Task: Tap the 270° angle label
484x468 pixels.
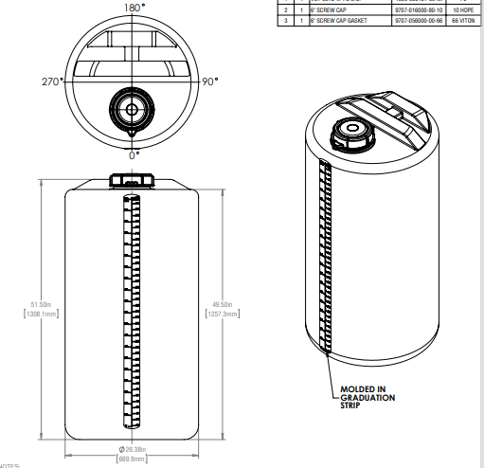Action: click(51, 81)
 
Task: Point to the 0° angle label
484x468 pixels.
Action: click(134, 153)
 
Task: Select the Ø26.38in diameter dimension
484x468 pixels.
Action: click(132, 449)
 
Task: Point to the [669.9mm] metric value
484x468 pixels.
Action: click(132, 459)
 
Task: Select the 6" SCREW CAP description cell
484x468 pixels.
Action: click(326, 9)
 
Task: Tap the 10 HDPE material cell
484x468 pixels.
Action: click(460, 9)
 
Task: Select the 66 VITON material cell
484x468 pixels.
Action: click(460, 19)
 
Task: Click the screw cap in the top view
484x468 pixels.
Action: click(130, 109)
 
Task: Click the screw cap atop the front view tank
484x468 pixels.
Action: click(131, 179)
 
